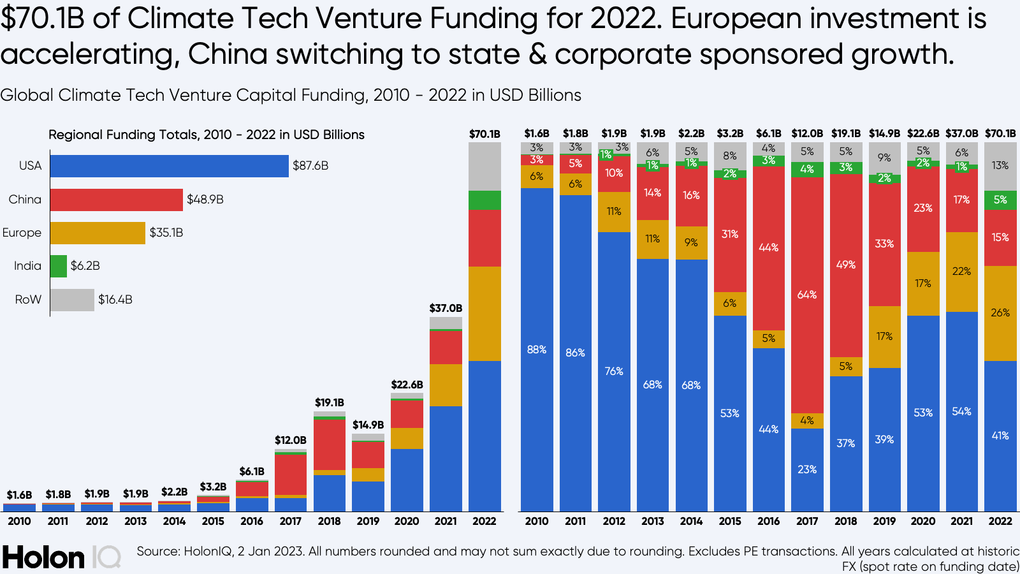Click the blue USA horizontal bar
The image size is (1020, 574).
click(169, 166)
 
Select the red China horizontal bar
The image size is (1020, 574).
click(116, 200)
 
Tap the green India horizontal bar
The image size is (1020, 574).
click(58, 266)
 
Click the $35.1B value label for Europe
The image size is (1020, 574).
click(166, 233)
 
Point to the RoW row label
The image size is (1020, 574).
click(28, 300)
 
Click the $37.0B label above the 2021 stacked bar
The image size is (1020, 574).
click(446, 308)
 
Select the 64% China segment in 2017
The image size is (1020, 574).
click(807, 295)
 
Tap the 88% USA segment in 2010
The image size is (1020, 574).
click(537, 350)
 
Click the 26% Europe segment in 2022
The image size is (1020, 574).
click(1000, 313)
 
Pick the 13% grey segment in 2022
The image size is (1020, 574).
click(1000, 166)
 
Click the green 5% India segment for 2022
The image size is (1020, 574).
click(1000, 200)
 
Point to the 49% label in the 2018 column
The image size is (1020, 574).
click(846, 265)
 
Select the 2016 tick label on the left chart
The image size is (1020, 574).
click(252, 521)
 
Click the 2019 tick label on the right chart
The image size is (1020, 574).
click(884, 521)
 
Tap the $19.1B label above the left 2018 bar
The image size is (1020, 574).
click(330, 402)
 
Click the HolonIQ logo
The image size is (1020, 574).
click(61, 557)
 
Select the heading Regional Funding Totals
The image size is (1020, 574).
click(207, 135)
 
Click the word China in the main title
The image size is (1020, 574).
click(227, 54)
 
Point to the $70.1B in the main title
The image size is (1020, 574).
click(42, 18)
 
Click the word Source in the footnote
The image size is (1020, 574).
click(157, 551)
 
